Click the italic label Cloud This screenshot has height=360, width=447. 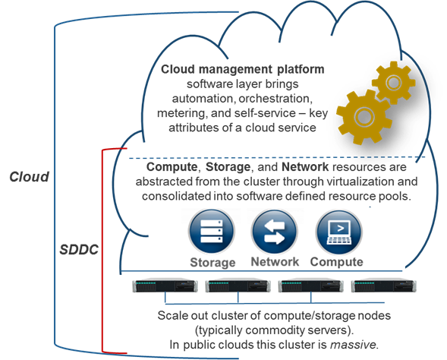tap(29, 177)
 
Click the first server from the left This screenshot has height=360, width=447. tap(165, 286)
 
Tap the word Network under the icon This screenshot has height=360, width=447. tap(275, 262)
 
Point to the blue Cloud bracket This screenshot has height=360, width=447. tap(52, 182)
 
